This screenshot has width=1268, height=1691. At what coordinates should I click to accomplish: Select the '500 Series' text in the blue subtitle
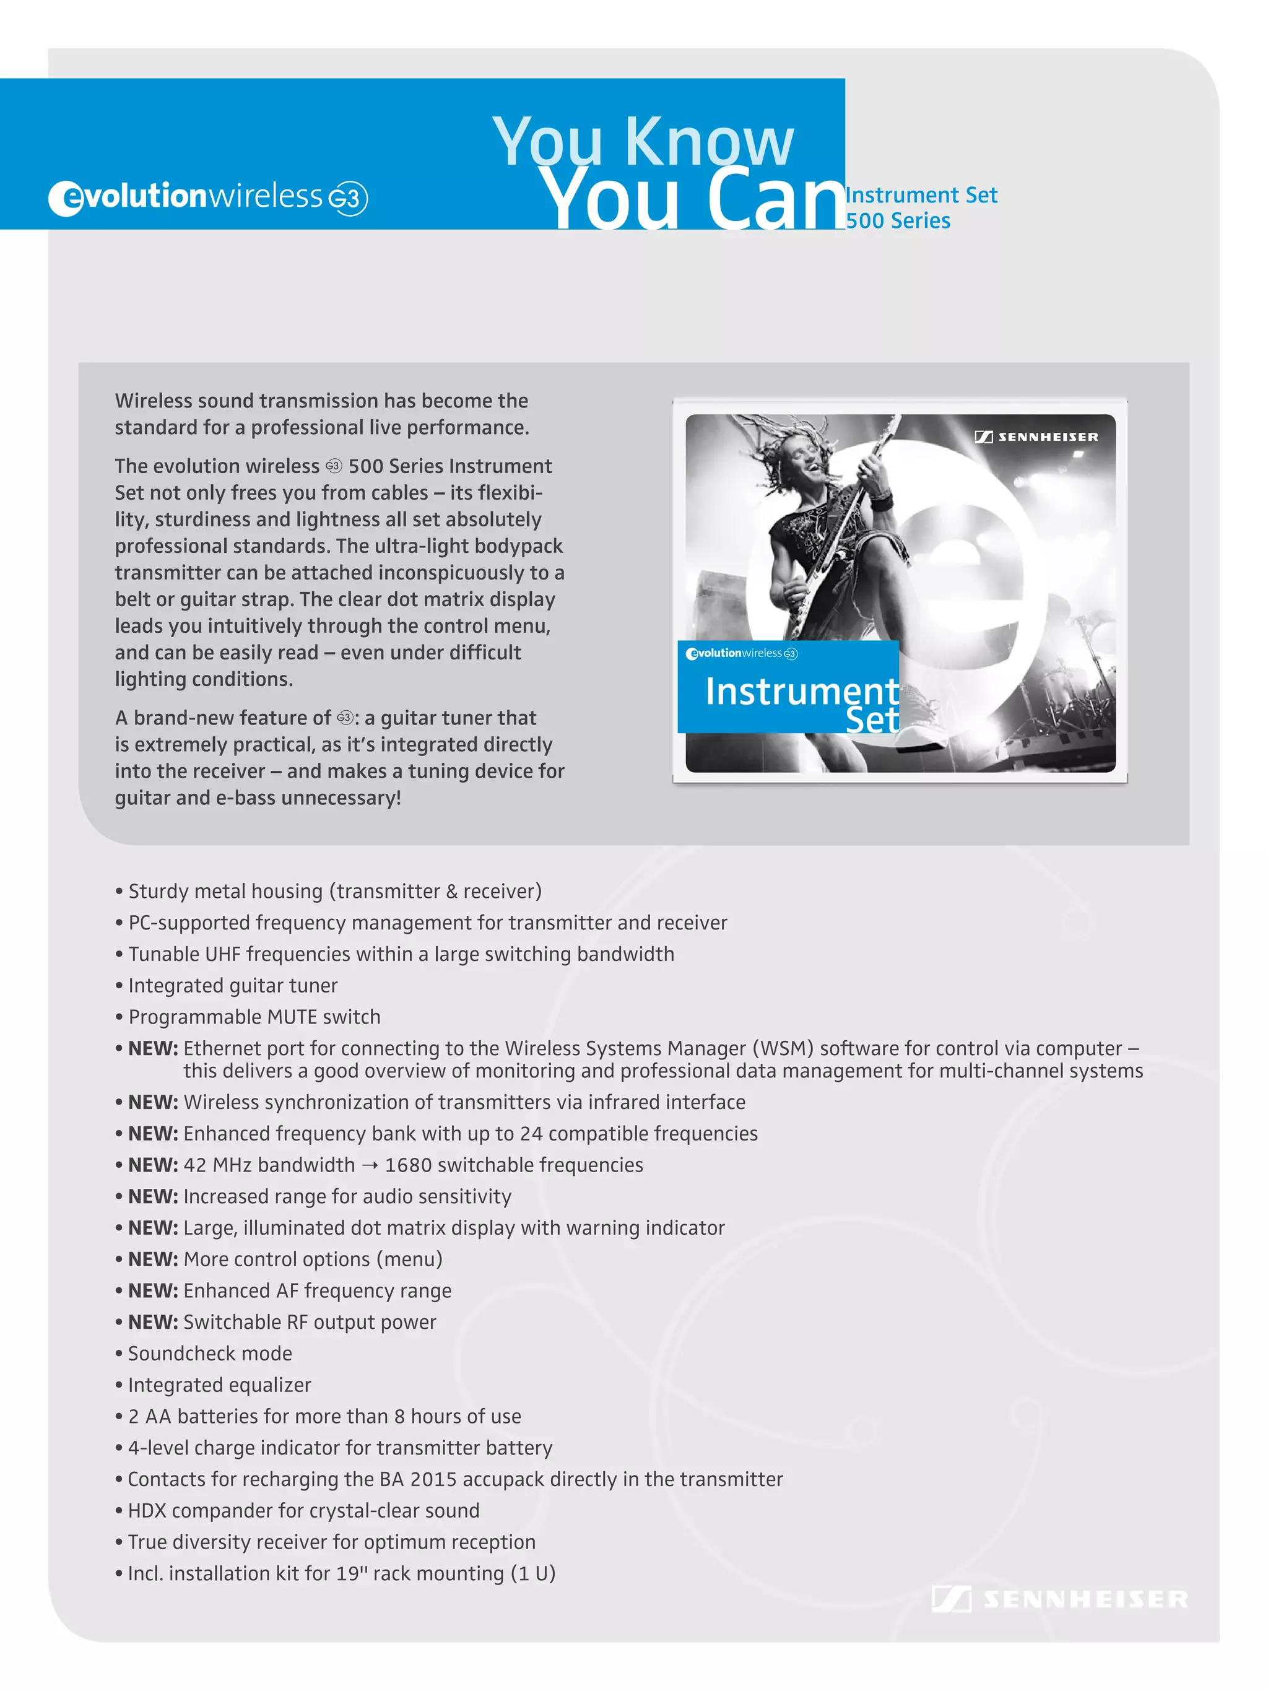point(898,221)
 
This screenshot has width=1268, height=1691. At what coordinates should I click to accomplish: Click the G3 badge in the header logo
point(348,199)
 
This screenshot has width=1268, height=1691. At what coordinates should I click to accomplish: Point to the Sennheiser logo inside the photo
point(1036,437)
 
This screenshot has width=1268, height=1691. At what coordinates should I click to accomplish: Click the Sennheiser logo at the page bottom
point(1059,1599)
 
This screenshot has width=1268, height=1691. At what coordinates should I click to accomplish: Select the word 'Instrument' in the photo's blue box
point(801,691)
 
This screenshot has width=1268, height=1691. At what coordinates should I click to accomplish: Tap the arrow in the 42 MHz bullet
point(370,1166)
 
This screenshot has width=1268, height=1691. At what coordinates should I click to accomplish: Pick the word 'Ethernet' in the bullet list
point(232,1048)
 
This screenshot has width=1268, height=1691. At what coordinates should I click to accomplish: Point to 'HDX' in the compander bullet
point(146,1511)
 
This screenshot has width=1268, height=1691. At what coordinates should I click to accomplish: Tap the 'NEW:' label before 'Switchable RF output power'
point(153,1322)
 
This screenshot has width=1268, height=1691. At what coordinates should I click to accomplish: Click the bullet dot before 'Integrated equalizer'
point(119,1385)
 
